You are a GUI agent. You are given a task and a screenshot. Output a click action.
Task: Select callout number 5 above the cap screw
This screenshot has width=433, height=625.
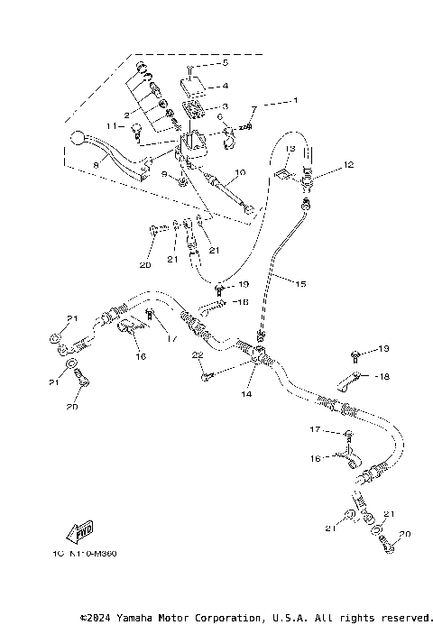tap(226, 66)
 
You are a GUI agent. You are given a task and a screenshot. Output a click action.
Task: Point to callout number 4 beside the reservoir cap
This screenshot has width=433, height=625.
tap(226, 87)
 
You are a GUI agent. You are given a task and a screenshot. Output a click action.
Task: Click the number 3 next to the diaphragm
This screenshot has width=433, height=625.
tap(226, 106)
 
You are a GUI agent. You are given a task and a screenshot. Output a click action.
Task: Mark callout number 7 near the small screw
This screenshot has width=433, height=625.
tap(254, 109)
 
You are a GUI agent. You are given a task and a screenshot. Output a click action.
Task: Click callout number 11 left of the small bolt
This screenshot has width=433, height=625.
tap(114, 128)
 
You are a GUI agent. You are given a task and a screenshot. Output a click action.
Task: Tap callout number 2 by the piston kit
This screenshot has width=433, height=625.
tap(128, 115)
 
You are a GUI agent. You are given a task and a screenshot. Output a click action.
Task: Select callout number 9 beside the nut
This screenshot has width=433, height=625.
tap(164, 173)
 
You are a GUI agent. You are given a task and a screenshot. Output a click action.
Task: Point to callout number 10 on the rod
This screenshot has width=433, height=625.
tap(239, 172)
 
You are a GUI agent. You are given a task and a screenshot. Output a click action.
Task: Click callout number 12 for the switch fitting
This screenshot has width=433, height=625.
tap(348, 165)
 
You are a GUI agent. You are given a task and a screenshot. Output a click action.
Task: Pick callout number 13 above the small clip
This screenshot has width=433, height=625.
tap(291, 148)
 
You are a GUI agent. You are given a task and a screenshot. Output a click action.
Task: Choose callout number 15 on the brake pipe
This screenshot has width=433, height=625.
tap(301, 283)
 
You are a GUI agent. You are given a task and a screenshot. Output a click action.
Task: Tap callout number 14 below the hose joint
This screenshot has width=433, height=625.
tap(245, 394)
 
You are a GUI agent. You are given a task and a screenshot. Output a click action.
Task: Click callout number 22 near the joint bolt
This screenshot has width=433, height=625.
tap(194, 357)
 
